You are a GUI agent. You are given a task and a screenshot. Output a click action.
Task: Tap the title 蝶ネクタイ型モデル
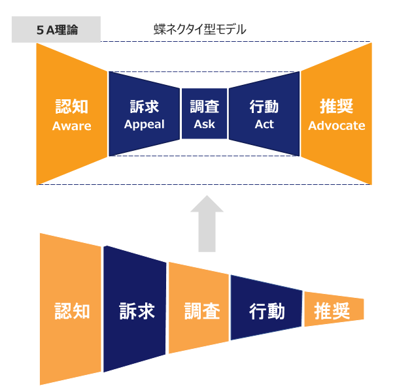pyautogui.click(x=199, y=29)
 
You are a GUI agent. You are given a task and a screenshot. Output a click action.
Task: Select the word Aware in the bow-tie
pyautogui.click(x=72, y=126)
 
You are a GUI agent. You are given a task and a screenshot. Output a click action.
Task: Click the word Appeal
pyautogui.click(x=144, y=124)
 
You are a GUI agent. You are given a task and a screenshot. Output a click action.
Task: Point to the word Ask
pyautogui.click(x=204, y=124)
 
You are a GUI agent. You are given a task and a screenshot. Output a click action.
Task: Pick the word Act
pyautogui.click(x=264, y=124)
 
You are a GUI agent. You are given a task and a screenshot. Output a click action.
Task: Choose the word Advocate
pyautogui.click(x=337, y=125)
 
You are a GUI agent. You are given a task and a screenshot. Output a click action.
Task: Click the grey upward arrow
pyautogui.click(x=207, y=222)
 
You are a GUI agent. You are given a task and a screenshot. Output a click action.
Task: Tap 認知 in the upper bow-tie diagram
pyautogui.click(x=72, y=106)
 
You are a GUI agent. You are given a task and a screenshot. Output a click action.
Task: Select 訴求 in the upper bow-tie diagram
pyautogui.click(x=144, y=106)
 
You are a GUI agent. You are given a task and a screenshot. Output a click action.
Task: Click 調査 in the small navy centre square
pyautogui.click(x=204, y=106)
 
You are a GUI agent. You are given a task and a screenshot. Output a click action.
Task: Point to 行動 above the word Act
pyautogui.click(x=264, y=106)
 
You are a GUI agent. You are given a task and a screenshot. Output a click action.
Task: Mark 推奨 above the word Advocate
pyautogui.click(x=337, y=106)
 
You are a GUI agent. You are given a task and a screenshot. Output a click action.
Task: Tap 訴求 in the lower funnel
pyautogui.click(x=137, y=310)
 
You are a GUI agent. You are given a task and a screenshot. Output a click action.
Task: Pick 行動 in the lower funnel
pyautogui.click(x=267, y=310)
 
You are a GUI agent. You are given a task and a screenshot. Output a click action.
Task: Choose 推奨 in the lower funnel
pyautogui.click(x=332, y=310)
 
